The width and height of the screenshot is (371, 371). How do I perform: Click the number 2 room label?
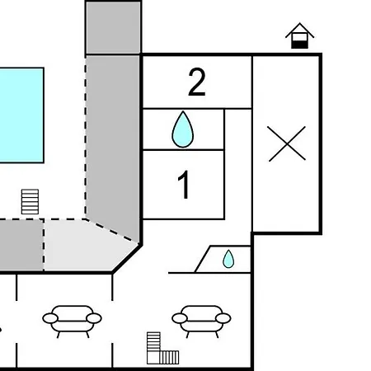click(x=197, y=82)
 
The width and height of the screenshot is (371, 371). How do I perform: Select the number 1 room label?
click(x=184, y=184)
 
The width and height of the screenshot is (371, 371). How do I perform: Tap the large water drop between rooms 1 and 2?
click(x=183, y=129)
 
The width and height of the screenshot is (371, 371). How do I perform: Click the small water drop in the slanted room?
click(x=228, y=259)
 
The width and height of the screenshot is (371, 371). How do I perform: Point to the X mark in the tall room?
click(x=287, y=143)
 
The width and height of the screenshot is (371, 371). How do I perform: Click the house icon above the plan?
click(x=299, y=35)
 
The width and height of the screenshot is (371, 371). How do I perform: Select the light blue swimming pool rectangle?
click(x=21, y=115)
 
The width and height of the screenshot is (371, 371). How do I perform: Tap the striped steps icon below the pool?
click(x=30, y=202)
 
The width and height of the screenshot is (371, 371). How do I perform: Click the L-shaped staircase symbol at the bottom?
click(x=162, y=348)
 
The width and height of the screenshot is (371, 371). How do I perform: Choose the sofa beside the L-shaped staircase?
click(x=201, y=321)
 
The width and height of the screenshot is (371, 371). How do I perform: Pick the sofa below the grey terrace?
click(x=72, y=321)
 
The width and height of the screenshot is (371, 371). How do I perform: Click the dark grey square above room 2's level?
click(x=114, y=27)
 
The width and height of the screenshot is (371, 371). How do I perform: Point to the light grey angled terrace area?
click(x=88, y=245)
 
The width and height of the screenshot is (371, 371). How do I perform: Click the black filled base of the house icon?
click(x=299, y=45)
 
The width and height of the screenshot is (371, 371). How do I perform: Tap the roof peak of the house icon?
click(x=299, y=23)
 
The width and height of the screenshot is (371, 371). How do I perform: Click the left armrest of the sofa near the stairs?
click(x=180, y=318)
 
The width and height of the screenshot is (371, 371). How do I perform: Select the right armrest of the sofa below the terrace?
click(x=94, y=318)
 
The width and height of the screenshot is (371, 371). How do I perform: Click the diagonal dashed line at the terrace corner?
click(x=111, y=231)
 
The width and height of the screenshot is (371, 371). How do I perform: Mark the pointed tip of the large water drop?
click(x=183, y=111)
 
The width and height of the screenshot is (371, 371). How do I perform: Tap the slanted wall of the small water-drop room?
click(x=203, y=259)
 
